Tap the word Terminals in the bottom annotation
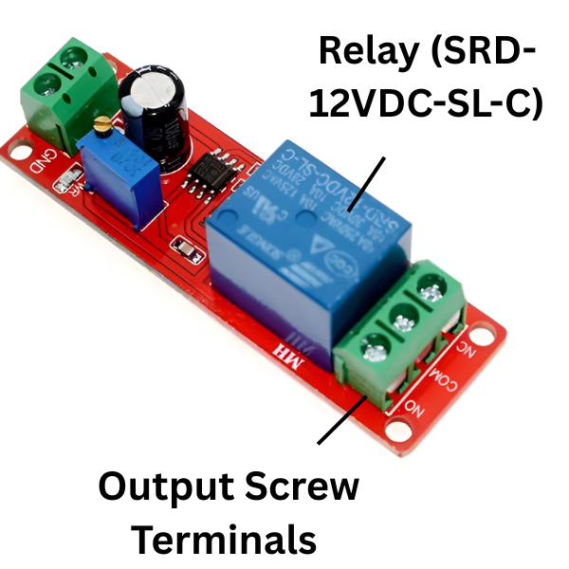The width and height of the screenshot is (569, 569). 223,540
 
